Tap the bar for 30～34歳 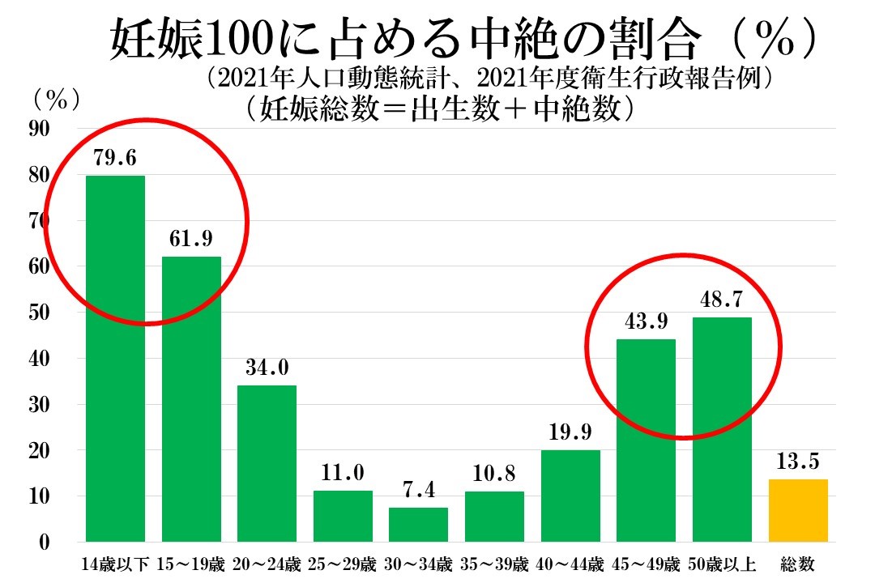point(418,525)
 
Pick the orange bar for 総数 point(798,511)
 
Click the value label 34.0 point(267,368)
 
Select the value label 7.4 point(418,491)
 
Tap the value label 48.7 point(722,300)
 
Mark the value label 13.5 point(798,462)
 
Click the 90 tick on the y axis point(39,129)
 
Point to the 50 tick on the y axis point(39,313)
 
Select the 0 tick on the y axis point(45,543)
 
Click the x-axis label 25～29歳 point(343,564)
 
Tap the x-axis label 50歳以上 point(722,564)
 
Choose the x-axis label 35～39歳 point(494,564)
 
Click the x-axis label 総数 point(798,564)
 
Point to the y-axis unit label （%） point(57,99)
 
